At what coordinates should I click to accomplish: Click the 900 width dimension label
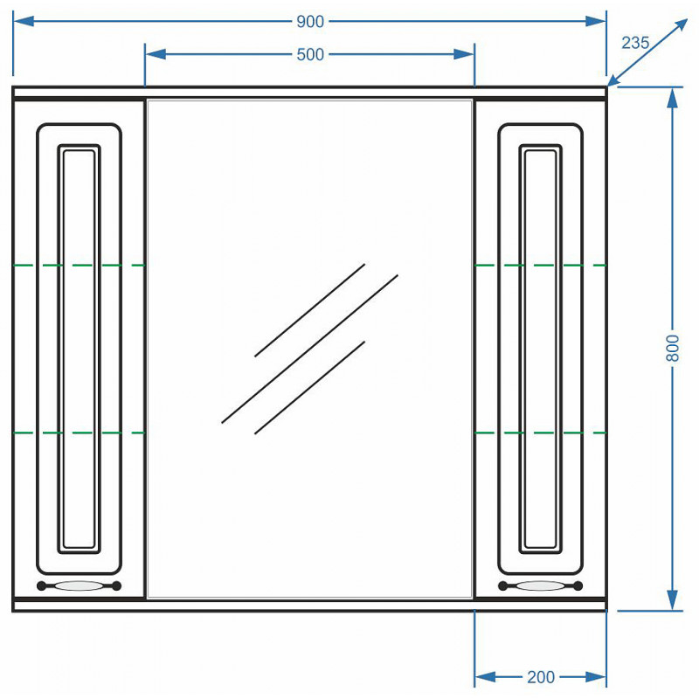pyautogui.click(x=310, y=21)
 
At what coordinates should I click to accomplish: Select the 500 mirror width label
pyautogui.click(x=310, y=54)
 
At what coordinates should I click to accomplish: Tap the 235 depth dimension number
pyautogui.click(x=635, y=43)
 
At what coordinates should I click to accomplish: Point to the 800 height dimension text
pyautogui.click(x=672, y=348)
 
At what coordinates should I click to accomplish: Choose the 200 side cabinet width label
pyautogui.click(x=541, y=677)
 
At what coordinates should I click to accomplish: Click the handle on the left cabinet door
pyautogui.click(x=79, y=585)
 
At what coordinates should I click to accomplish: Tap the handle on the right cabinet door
pyautogui.click(x=540, y=585)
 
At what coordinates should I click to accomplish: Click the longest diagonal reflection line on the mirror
pyautogui.click(x=310, y=349)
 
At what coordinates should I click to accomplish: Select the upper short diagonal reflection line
pyautogui.click(x=310, y=310)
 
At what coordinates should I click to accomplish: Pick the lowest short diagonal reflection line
pyautogui.click(x=310, y=388)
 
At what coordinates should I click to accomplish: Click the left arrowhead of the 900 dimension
pyautogui.click(x=24, y=21)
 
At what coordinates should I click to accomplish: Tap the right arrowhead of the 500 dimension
pyautogui.click(x=464, y=54)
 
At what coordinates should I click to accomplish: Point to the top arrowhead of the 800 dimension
pyautogui.click(x=672, y=98)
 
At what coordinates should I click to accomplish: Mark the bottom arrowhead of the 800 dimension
pyautogui.click(x=672, y=600)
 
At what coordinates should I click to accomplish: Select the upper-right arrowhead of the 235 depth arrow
pyautogui.click(x=680, y=26)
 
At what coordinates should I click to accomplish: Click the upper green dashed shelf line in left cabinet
pyautogui.click(x=79, y=266)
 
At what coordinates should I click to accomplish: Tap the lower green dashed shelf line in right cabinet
pyautogui.click(x=540, y=433)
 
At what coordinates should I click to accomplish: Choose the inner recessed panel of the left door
pyautogui.click(x=79, y=349)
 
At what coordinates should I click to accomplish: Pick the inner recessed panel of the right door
pyautogui.click(x=540, y=349)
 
